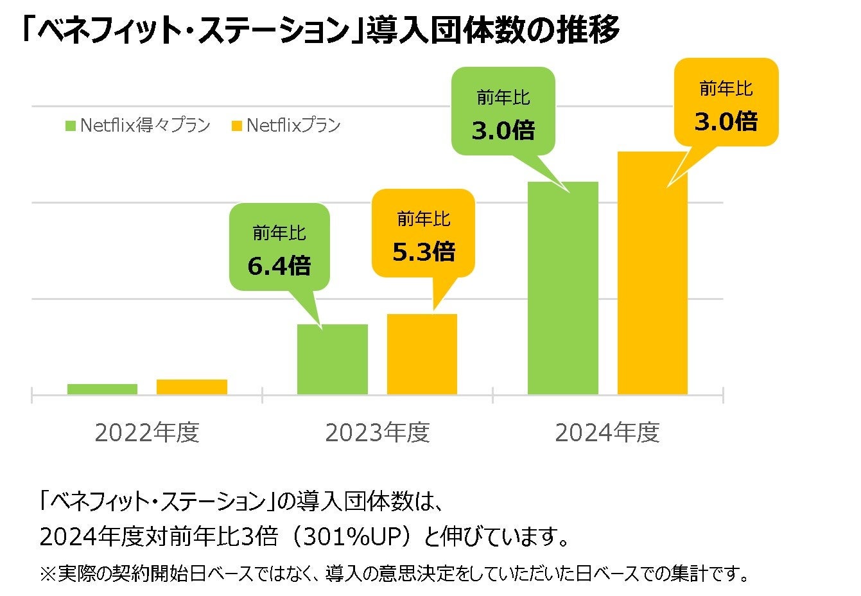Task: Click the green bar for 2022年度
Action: point(102,389)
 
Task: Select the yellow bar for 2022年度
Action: point(192,387)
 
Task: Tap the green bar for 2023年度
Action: point(332,359)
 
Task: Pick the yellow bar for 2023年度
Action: point(422,354)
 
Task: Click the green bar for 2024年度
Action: point(562,288)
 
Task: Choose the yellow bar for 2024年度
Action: point(652,273)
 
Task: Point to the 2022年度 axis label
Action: point(147,433)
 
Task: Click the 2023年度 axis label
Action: point(378,433)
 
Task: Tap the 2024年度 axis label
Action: point(607,433)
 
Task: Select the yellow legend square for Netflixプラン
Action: point(236,126)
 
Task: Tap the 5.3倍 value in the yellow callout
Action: point(424,252)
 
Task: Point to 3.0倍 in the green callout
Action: point(503,131)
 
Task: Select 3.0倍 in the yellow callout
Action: point(726,121)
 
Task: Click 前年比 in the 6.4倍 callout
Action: point(279,232)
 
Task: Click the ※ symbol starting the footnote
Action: point(48,573)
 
